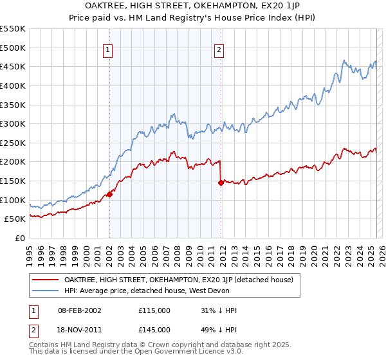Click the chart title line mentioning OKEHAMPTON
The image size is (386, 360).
(193, 6)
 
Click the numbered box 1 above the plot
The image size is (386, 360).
(108, 51)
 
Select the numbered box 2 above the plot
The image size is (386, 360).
(219, 51)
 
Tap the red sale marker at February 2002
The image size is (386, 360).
(109, 194)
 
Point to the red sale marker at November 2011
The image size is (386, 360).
(221, 183)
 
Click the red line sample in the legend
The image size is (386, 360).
(45, 280)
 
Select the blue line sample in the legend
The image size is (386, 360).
(45, 291)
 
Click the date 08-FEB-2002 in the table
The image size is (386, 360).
(79, 310)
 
